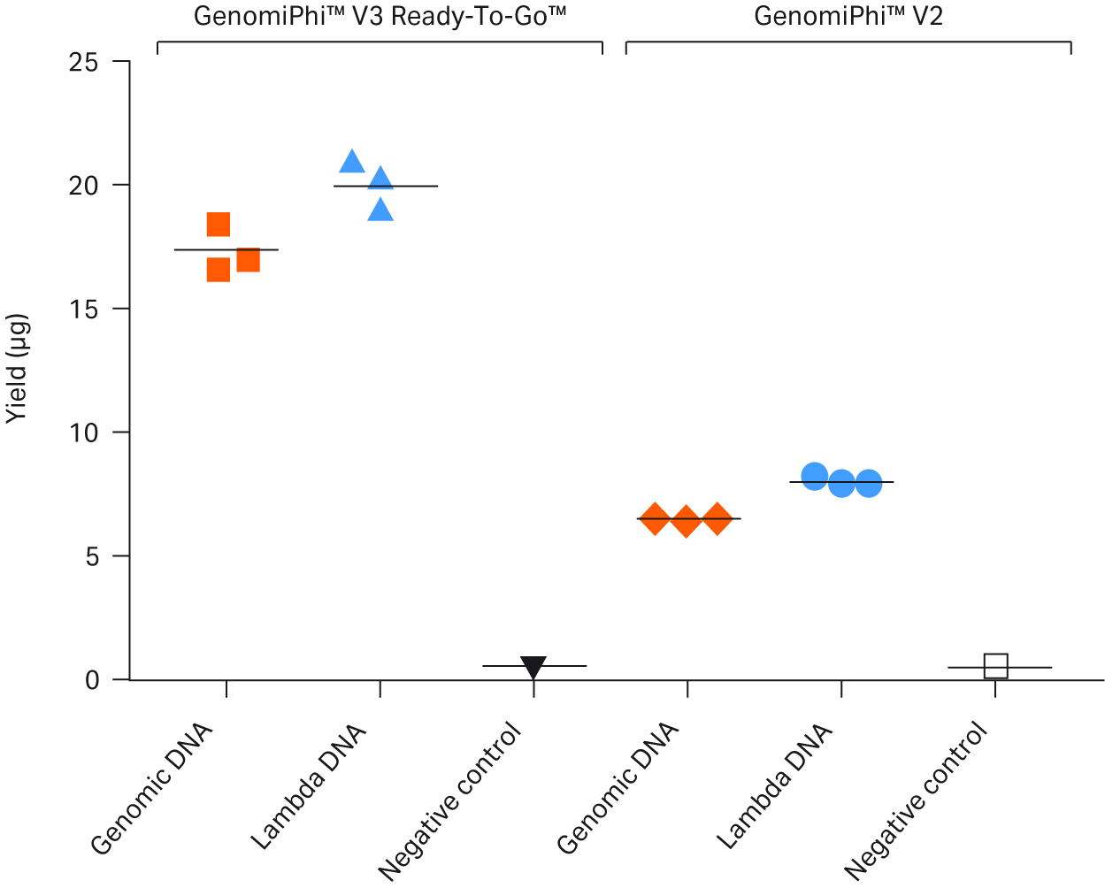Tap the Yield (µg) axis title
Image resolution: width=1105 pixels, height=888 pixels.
[x=18, y=369]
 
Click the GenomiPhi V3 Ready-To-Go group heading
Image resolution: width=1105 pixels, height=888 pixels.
[x=380, y=16]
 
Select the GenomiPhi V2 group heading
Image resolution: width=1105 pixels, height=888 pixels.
[x=848, y=16]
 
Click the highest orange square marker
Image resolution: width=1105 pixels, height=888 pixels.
[x=219, y=225]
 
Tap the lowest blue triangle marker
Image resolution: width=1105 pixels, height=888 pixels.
[x=380, y=211]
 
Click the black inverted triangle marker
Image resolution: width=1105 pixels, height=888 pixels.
[x=533, y=667]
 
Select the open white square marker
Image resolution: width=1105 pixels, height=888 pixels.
[x=996, y=666]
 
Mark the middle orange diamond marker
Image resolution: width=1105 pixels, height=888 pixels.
[x=686, y=522]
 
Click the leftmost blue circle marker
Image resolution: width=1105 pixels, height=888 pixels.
[x=814, y=476]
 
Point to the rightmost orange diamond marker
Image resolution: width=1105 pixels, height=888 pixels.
[x=717, y=519]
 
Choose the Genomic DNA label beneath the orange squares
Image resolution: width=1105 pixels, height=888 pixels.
[x=153, y=789]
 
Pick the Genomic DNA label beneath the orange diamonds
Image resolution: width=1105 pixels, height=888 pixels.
[x=618, y=789]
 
